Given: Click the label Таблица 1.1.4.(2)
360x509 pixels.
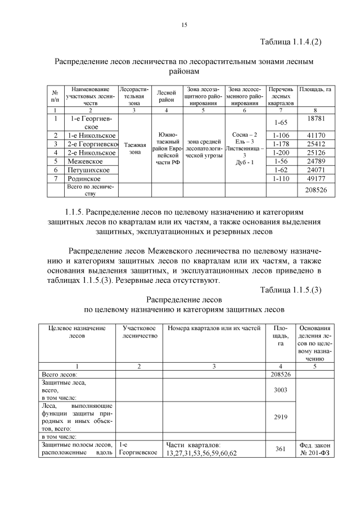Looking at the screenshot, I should [x=291, y=42].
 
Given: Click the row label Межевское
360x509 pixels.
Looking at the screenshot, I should [x=85, y=161].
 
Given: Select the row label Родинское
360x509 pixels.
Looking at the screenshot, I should [x=85, y=178].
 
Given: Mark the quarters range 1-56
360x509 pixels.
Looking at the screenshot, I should [x=280, y=161].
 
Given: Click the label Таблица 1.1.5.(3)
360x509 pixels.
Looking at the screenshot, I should [x=291, y=290].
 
